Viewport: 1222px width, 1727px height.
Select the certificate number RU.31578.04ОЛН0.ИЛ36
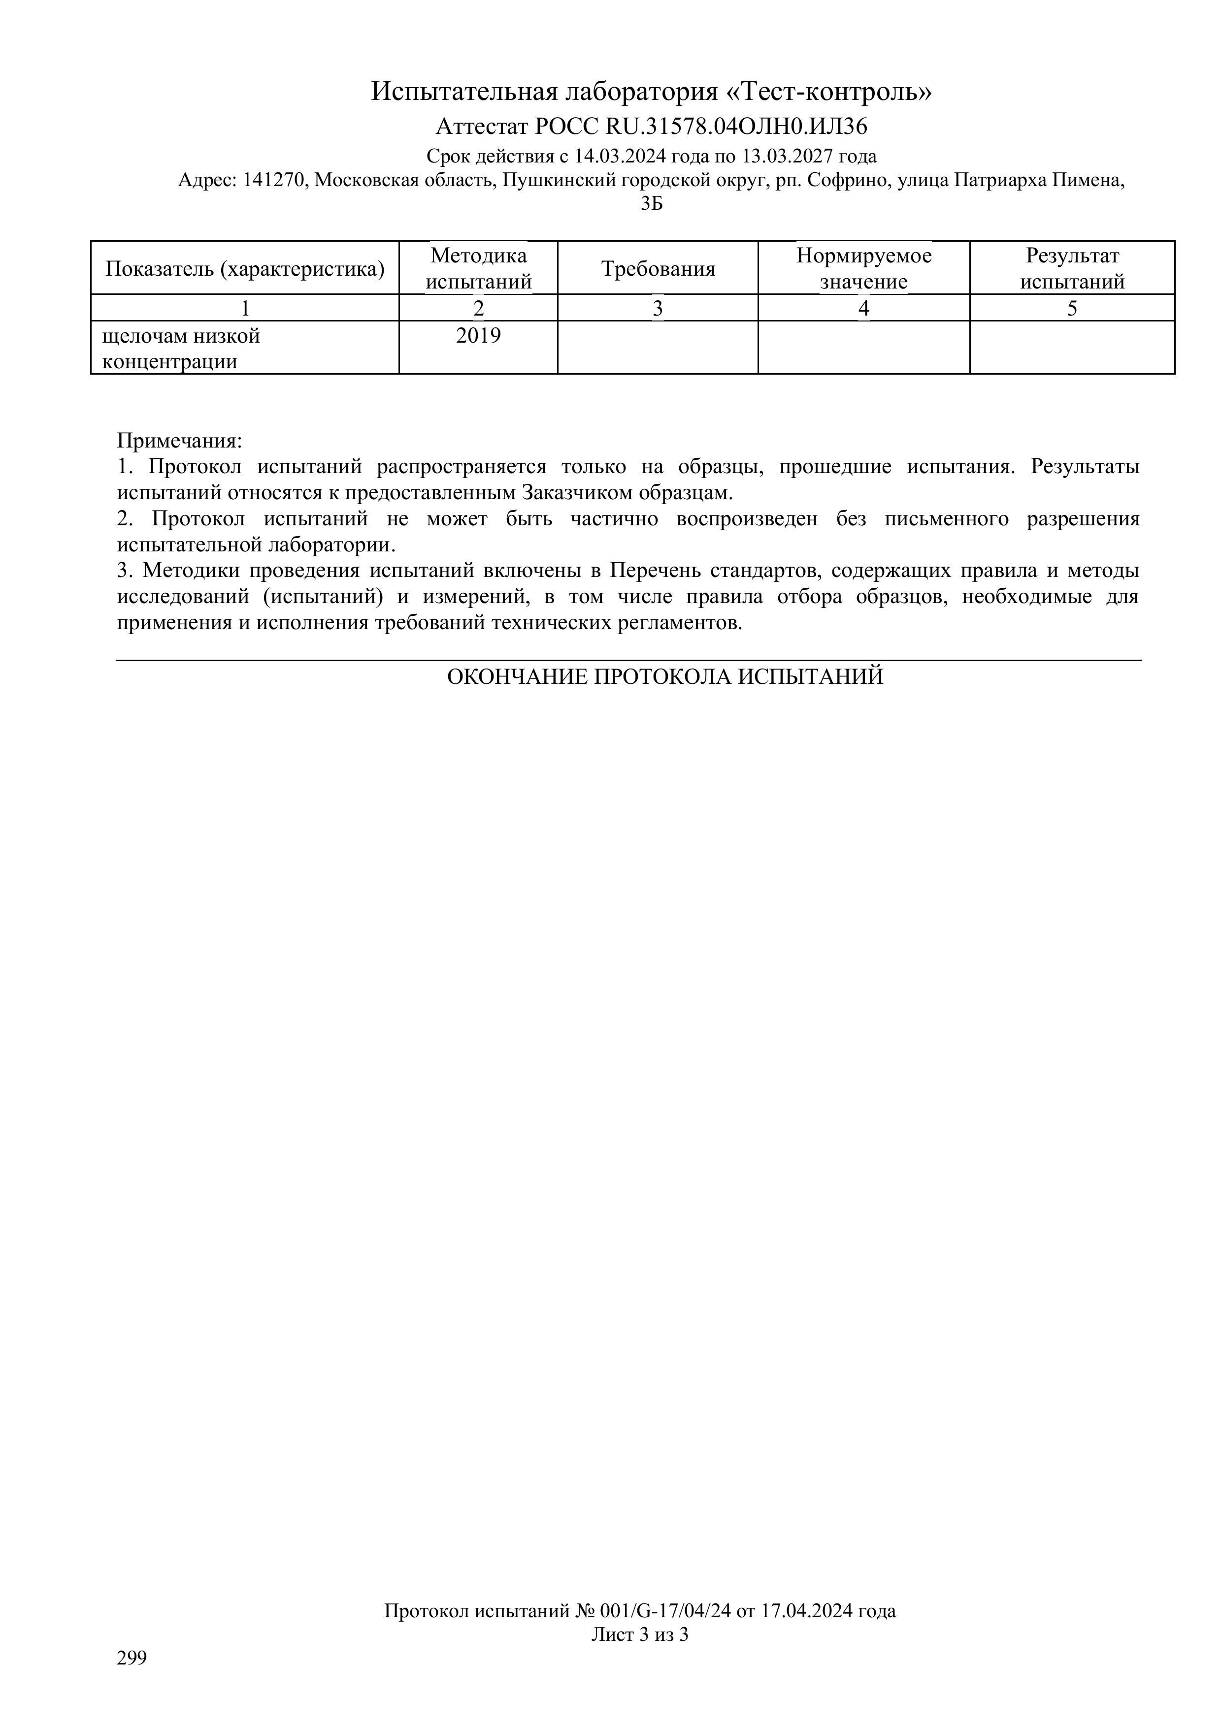tap(736, 125)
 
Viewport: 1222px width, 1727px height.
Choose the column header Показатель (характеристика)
tap(245, 268)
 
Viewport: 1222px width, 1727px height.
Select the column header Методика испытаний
tap(479, 268)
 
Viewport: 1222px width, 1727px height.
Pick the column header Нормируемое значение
tap(864, 268)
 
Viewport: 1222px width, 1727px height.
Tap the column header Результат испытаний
tap(1072, 268)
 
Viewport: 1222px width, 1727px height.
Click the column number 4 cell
tap(864, 308)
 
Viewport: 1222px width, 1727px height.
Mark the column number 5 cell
tap(1072, 308)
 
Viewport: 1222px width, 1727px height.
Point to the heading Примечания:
tap(180, 440)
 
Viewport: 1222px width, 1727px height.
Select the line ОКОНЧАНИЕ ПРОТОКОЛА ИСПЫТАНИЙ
tap(664, 677)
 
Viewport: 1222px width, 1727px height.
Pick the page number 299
tap(132, 1658)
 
